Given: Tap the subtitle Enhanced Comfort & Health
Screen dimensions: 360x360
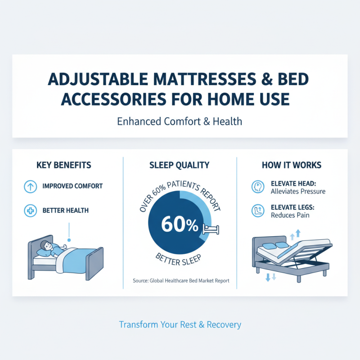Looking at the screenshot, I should (x=180, y=121).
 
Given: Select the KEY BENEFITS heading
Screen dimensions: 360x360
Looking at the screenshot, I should (x=63, y=165).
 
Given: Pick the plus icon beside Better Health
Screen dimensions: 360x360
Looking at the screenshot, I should (x=30, y=210).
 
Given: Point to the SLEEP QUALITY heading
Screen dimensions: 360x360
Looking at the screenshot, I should (x=180, y=165).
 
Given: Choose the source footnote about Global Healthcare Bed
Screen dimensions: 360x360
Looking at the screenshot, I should (x=181, y=281).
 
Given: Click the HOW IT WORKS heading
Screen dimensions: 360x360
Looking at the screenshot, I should (x=292, y=165).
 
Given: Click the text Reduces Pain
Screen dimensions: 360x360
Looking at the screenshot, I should (x=290, y=216).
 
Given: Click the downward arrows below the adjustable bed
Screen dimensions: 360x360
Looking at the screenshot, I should (x=271, y=277).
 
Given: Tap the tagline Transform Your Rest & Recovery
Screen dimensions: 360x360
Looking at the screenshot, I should (x=180, y=324).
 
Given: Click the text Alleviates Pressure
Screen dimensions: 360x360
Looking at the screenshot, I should (x=298, y=191).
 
